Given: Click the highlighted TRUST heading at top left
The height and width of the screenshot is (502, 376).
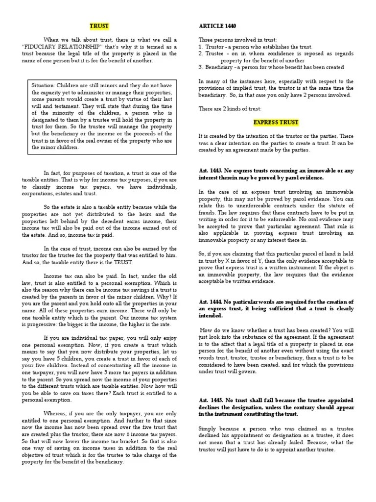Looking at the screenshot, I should (99, 25).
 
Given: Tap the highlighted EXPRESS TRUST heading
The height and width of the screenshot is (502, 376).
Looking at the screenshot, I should (276, 122).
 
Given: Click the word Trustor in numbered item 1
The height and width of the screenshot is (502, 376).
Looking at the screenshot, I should (214, 47).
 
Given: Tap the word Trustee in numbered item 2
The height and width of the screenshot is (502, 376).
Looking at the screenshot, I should (214, 53).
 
